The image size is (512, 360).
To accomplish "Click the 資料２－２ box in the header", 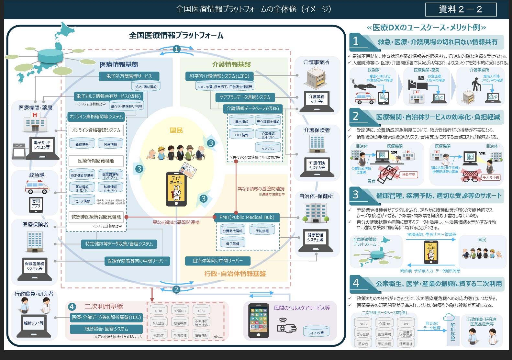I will [461, 9].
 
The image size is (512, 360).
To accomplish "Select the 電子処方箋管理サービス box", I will [129, 76].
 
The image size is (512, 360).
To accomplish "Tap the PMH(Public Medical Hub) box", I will [247, 217].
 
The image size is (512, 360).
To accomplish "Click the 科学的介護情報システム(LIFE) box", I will [219, 76].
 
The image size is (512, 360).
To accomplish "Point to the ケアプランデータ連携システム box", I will [245, 97].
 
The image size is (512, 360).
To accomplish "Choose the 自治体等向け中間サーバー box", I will [217, 261].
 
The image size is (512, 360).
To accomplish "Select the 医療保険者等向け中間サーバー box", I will [137, 261].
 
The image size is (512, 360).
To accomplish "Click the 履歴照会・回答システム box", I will [106, 329].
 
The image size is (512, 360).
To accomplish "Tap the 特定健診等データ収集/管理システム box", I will [119, 244].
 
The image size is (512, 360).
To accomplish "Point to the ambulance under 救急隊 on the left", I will [37, 186].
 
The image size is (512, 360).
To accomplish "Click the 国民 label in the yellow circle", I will [176, 130].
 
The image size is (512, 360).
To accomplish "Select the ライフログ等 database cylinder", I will [316, 331].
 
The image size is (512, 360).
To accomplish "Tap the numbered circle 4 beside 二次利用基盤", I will [72, 307].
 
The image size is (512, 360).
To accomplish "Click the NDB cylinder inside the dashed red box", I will [159, 310].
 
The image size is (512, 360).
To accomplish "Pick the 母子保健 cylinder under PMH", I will [233, 243].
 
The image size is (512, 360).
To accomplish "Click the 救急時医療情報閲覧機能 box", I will [96, 217].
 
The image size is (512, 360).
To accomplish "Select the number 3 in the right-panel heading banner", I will [356, 195].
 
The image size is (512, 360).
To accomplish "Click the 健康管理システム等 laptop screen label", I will [315, 237].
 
